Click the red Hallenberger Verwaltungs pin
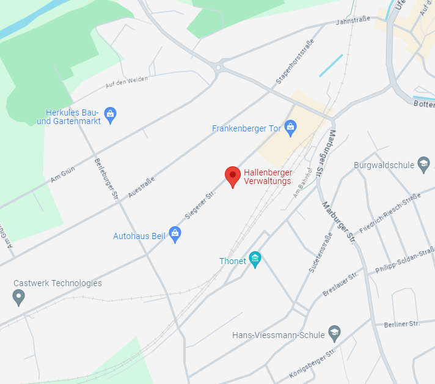tap(232, 176)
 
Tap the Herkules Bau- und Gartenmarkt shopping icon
tap(110, 114)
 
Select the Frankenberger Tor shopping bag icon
tap(290, 128)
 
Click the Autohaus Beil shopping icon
tap(175, 235)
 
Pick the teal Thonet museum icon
tap(255, 260)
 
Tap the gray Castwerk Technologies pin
tap(18, 298)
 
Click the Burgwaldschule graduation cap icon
tap(423, 164)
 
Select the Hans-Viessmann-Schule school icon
tap(334, 334)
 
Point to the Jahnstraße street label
tap(353, 22)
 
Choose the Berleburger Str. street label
tap(106, 180)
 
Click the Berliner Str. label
tap(402, 323)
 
